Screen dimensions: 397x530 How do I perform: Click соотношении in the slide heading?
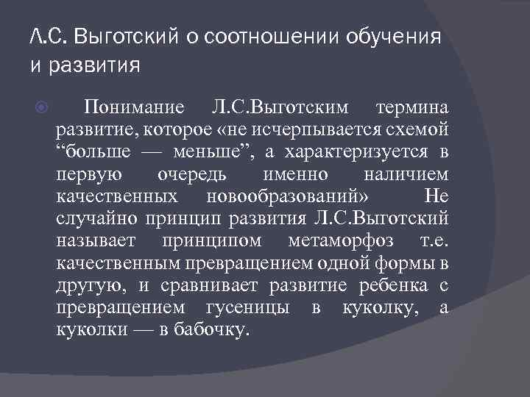click(x=258, y=35)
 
